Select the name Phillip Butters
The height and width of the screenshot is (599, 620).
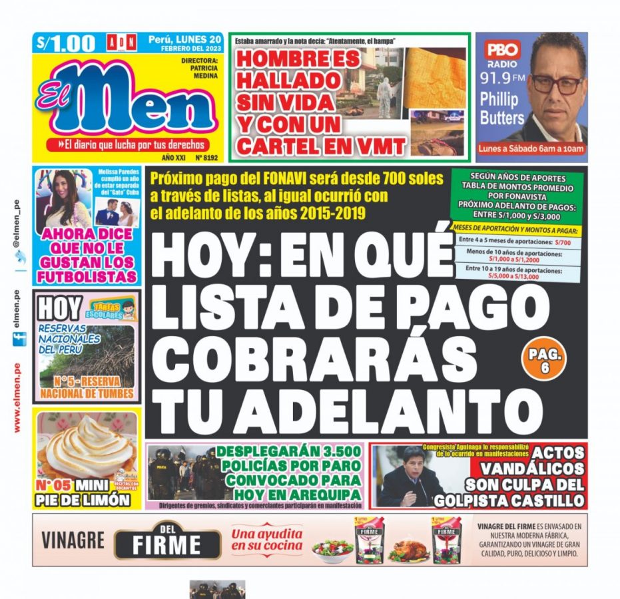[501, 108]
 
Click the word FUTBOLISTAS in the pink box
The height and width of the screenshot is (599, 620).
[87, 276]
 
